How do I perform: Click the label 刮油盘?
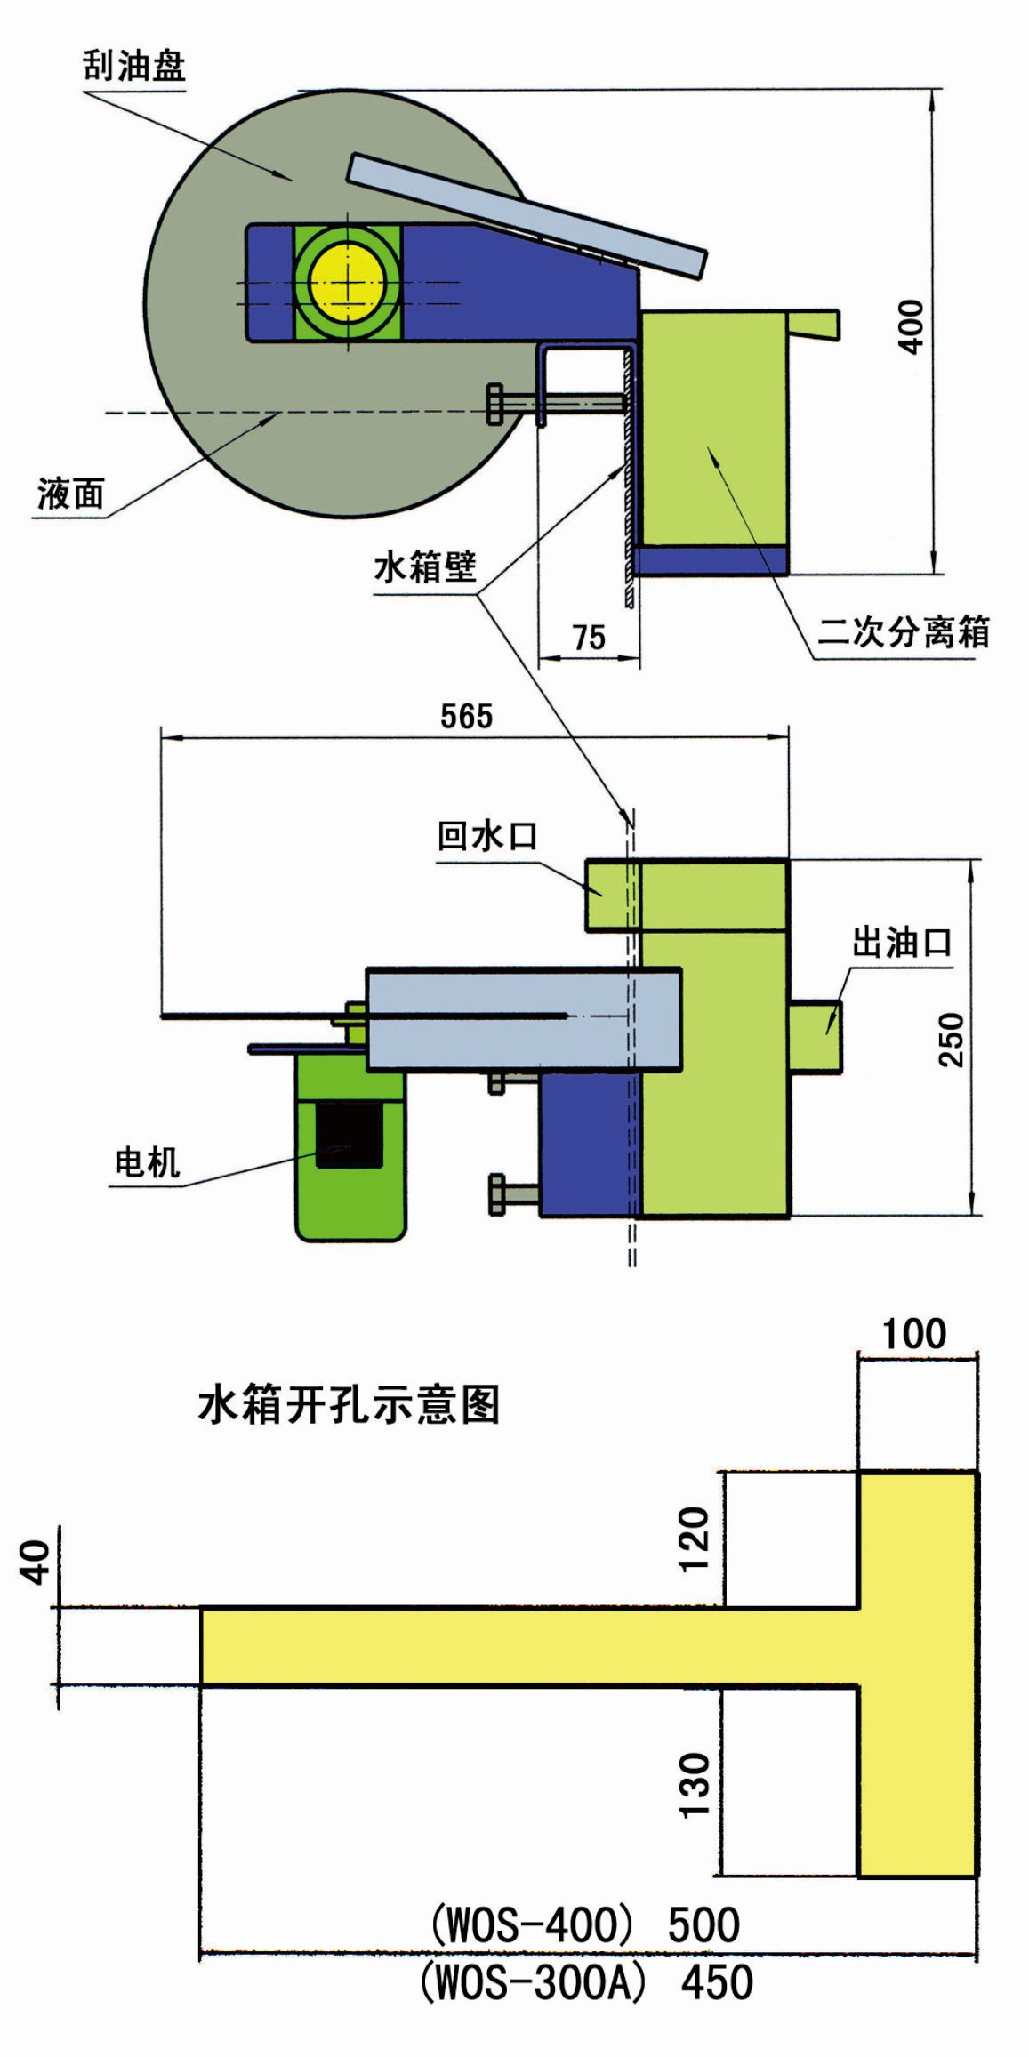tap(134, 66)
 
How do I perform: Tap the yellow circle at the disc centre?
tap(347, 282)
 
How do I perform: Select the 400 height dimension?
tap(912, 326)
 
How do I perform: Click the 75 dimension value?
tap(589, 638)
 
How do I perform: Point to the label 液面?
tap(70, 494)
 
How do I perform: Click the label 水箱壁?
tap(425, 566)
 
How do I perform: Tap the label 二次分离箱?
tap(903, 631)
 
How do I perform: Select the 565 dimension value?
tap(466, 716)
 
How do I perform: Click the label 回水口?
tap(486, 836)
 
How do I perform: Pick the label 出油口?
tap(901, 942)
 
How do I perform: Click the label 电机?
tap(147, 1162)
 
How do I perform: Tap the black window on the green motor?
tap(349, 1135)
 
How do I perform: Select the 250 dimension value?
tap(951, 1039)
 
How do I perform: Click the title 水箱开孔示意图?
tap(349, 1405)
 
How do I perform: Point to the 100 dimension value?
tap(914, 1334)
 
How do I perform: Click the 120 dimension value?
tap(695, 1539)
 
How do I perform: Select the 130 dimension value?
tap(695, 1785)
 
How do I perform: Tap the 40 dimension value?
tap(36, 1563)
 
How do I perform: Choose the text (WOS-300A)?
tap(532, 1982)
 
